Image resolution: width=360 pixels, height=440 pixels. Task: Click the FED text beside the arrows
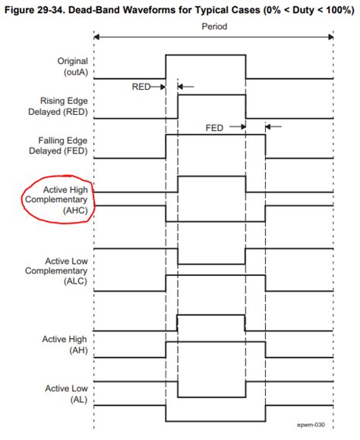tap(214, 127)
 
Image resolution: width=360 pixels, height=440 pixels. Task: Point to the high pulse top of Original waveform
tap(205, 55)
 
